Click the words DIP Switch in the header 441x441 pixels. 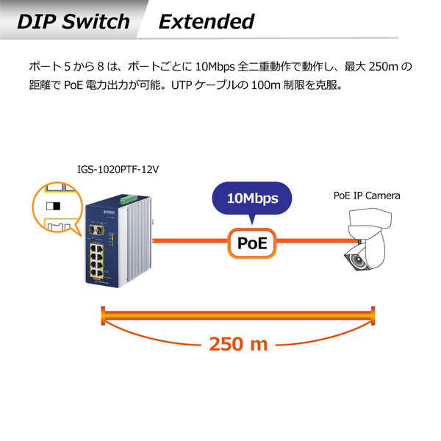73,21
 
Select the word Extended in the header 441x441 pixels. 207,21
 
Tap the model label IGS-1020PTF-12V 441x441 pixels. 118,169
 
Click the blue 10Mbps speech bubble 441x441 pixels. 251,198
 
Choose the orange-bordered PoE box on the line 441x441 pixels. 252,243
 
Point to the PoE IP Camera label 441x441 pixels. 367,196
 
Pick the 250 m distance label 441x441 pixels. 239,343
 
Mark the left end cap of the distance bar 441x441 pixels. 101,317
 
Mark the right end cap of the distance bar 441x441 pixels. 374,317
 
